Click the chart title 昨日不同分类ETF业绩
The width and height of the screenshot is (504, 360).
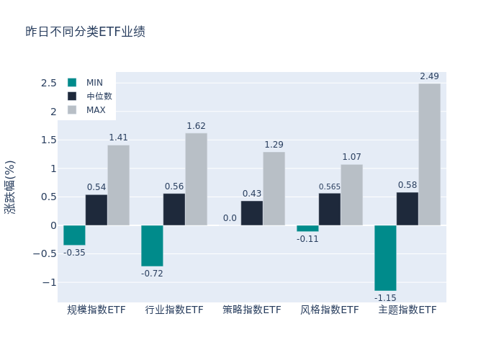[85, 32]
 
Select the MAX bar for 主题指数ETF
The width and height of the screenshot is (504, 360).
[429, 154]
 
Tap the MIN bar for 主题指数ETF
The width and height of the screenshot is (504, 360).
[385, 258]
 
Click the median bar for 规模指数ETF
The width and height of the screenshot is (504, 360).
[96, 210]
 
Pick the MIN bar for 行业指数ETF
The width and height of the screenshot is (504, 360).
[152, 246]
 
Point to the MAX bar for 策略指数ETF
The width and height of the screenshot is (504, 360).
[274, 188]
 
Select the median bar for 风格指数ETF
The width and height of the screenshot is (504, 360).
[330, 209]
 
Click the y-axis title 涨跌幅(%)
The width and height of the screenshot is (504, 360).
[10, 186]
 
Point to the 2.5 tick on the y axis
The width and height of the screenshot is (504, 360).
[48, 84]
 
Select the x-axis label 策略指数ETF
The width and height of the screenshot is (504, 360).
[252, 310]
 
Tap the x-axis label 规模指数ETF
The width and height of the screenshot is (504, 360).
[96, 310]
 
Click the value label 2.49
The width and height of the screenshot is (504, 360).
[429, 76]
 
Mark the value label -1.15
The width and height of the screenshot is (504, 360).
[385, 297]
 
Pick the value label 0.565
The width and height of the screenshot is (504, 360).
[330, 187]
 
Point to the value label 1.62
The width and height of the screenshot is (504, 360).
[196, 126]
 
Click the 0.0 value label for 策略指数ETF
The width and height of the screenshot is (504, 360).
[230, 218]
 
